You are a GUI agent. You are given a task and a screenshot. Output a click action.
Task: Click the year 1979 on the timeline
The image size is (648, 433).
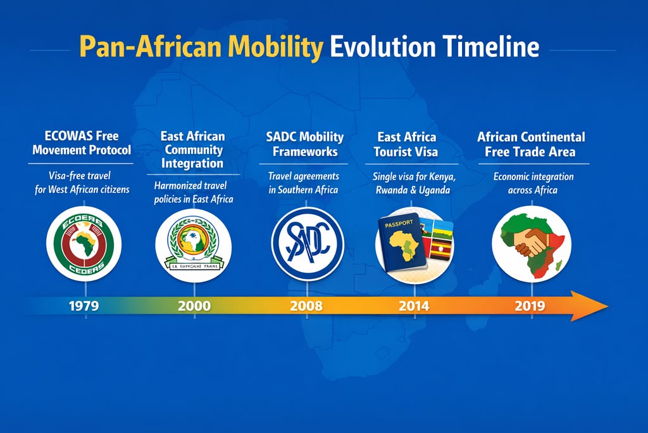click(84, 306)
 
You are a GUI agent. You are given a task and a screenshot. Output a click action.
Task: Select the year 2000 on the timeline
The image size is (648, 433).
click(194, 306)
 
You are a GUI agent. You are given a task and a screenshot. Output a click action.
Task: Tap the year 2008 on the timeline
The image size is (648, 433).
click(306, 306)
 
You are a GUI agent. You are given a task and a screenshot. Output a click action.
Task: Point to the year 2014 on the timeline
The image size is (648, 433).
click(414, 306)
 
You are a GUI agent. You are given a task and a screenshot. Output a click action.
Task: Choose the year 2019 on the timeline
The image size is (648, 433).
click(530, 306)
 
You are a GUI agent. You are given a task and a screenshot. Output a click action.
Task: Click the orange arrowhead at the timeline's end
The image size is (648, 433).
click(589, 306)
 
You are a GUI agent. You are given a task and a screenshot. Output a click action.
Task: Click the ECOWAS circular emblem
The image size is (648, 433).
click(84, 244)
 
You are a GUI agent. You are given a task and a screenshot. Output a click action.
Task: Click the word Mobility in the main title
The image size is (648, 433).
click(275, 48)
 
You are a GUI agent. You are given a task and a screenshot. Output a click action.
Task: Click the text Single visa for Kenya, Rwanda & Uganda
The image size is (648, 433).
click(414, 183)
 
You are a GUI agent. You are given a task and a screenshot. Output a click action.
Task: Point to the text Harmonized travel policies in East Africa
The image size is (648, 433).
click(194, 192)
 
